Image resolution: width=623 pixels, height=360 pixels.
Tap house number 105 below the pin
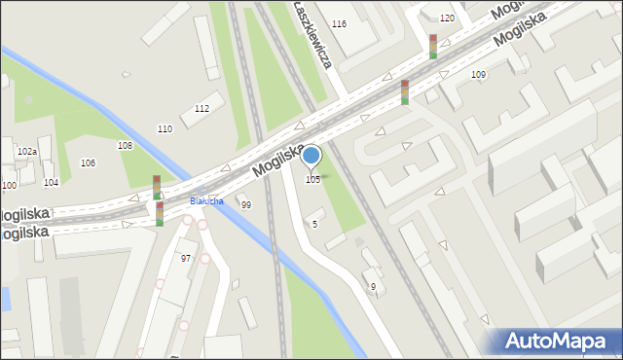pos(312,180)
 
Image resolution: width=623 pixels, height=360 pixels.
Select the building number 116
pos(339,23)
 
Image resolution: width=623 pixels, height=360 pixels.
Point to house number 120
pos(447,18)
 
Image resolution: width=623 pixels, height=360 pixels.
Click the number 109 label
pos(478,75)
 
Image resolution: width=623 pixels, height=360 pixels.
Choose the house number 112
pos(202,108)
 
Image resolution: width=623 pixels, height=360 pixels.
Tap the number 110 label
pos(165,128)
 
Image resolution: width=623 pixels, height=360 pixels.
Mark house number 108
pos(125,145)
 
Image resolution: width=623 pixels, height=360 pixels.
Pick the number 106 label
pos(88,162)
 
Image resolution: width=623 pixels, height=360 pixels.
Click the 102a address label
pos(26,152)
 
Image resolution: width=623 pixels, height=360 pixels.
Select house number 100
pos(9,185)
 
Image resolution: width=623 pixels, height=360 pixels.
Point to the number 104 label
pos(51,183)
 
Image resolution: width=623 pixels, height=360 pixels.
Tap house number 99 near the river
pos(246,204)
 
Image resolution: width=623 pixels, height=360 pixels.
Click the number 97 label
pos(186,258)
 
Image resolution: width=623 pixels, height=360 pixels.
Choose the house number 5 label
pos(314,224)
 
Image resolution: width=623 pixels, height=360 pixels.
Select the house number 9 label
pos(373,286)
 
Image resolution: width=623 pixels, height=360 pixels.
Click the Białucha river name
pos(206,201)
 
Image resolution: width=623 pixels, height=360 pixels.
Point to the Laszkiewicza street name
pos(313,33)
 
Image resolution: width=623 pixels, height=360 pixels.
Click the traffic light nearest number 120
pos(433,46)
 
